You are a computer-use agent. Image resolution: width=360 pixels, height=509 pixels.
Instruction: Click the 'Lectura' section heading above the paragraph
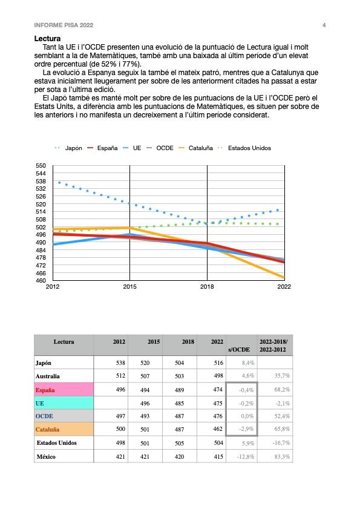pos(47,39)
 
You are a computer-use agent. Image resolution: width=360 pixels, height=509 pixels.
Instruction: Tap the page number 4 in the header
pos(324,25)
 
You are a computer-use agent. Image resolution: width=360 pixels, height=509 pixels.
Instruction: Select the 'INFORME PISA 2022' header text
pos(64,25)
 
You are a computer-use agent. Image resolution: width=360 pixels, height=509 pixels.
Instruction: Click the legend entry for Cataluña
pos(195,148)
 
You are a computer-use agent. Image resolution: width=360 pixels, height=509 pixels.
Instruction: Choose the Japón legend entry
pos(68,148)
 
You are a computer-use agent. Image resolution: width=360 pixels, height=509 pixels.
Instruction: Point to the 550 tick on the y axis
pos(41,166)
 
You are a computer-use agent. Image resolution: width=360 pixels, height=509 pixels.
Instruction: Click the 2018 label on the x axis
pos(207,287)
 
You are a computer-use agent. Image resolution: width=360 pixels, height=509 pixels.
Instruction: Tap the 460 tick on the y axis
pos(41,280)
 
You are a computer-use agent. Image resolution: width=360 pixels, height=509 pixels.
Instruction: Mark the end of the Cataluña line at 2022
pos(284,278)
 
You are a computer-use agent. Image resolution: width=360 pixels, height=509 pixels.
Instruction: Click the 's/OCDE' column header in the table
pos(239,350)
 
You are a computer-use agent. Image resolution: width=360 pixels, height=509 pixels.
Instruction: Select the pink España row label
pos(64,390)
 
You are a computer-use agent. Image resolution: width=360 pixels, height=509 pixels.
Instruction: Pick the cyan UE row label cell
pos(64,403)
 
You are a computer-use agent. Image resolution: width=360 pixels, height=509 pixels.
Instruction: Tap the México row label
pos(46,456)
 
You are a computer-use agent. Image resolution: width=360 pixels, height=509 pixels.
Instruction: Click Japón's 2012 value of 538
pos(120,363)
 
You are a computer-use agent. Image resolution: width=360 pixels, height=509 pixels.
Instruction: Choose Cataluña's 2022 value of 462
pos(218,429)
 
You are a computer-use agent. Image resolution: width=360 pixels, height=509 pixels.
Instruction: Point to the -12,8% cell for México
pos(246,456)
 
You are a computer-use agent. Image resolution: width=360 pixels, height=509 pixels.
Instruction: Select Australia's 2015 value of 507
pos(145,376)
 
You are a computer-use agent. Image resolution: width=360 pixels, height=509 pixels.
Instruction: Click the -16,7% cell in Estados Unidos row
pos(281,443)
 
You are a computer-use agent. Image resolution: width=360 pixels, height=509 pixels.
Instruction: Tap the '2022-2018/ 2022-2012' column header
pos(273,346)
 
